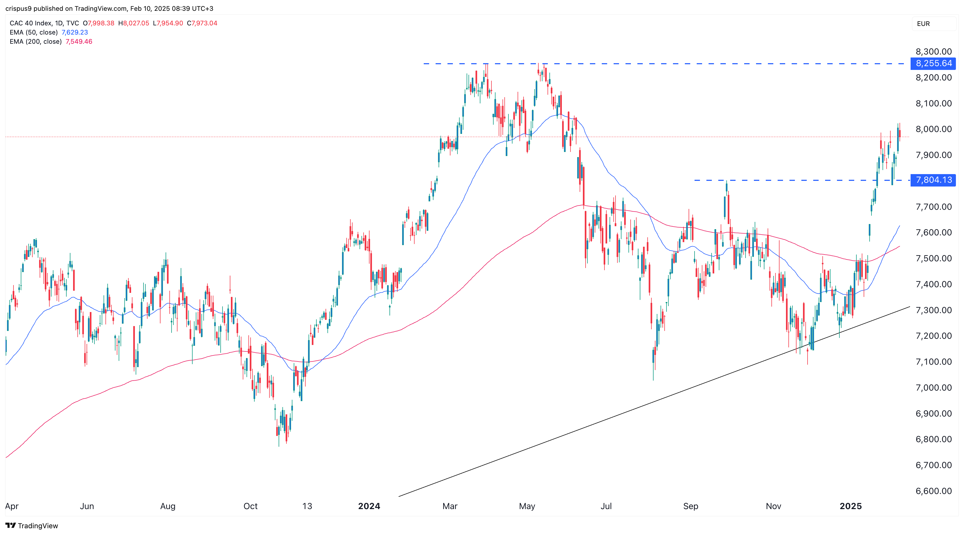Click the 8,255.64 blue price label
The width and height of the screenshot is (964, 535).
[933, 63]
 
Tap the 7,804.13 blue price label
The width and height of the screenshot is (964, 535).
[933, 180]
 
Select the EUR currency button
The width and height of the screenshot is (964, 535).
[923, 23]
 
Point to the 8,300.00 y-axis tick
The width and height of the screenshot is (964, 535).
[933, 52]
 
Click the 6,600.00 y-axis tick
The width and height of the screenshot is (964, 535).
[933, 491]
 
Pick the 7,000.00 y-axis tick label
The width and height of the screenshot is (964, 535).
[933, 388]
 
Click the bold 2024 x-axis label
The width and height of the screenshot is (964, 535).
[369, 506]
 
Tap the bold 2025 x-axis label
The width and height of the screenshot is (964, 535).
[851, 506]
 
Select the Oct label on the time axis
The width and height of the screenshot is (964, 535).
[250, 506]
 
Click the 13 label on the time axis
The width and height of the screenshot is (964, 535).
[307, 506]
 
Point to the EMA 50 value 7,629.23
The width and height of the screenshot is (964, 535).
[74, 32]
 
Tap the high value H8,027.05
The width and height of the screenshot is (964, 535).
[134, 23]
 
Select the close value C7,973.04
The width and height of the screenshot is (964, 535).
[202, 23]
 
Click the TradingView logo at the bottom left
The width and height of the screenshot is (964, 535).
[32, 526]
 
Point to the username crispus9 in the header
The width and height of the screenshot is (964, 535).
[18, 8]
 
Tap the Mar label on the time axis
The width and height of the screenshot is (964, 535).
[450, 506]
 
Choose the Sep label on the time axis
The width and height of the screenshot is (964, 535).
[690, 506]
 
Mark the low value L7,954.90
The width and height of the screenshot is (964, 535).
[168, 23]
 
